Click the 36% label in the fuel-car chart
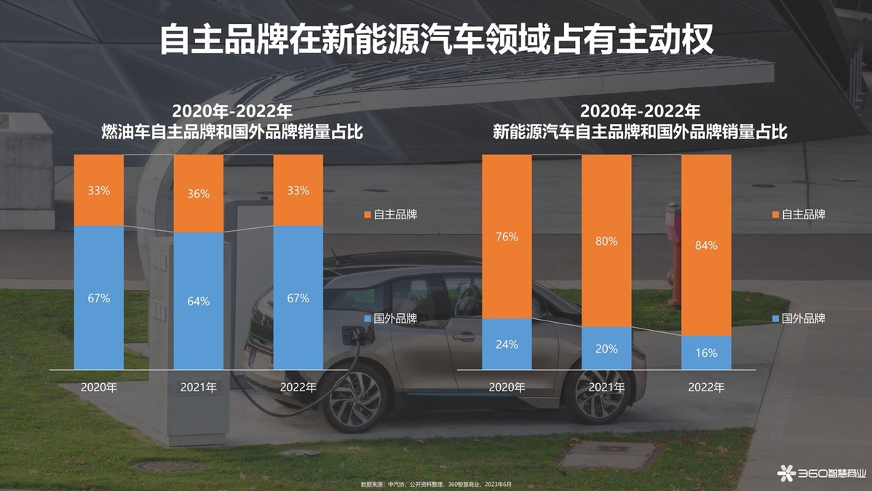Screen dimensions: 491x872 tap(198, 194)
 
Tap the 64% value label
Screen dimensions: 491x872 tap(198, 301)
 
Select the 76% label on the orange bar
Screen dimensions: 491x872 tap(507, 237)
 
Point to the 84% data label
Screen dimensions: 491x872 tap(705, 245)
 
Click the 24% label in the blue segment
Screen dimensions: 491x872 tap(507, 344)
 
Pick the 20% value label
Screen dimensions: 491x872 tap(606, 348)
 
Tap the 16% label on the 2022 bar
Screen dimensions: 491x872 tap(705, 353)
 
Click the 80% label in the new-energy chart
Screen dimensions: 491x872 tap(606, 241)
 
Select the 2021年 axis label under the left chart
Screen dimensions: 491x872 tap(198, 388)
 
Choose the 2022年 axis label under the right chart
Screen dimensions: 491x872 tap(706, 388)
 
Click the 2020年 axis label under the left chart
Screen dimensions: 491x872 tap(99, 388)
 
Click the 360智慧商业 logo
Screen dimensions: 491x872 tap(823, 474)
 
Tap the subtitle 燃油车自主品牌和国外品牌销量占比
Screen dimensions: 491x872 tap(232, 133)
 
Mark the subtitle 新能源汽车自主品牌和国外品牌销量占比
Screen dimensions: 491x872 tap(640, 133)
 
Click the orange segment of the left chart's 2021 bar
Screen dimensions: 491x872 tap(198, 211)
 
